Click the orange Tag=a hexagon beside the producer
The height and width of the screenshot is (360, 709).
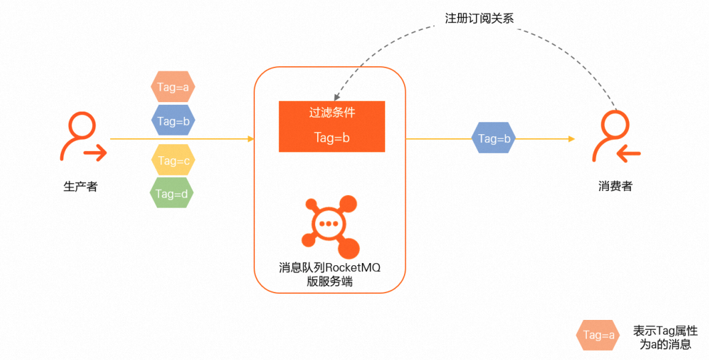pyautogui.click(x=172, y=87)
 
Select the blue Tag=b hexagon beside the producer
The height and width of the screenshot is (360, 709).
pyautogui.click(x=172, y=121)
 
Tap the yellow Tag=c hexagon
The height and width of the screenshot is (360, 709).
pyautogui.click(x=172, y=160)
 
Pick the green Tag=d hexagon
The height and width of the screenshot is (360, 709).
pyautogui.click(x=172, y=194)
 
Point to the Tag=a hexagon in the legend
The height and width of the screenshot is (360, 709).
pyautogui.click(x=598, y=335)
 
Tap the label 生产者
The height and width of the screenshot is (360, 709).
pyautogui.click(x=80, y=187)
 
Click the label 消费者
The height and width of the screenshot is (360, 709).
pyautogui.click(x=616, y=187)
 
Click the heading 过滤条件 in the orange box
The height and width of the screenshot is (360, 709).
pyautogui.click(x=332, y=113)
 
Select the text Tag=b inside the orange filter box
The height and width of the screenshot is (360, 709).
pyautogui.click(x=332, y=138)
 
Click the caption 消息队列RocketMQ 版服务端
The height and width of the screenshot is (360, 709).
pyautogui.click(x=330, y=275)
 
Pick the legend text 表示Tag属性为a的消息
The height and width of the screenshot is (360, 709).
pyautogui.click(x=665, y=337)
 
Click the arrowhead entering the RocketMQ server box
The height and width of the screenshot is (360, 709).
pyautogui.click(x=251, y=139)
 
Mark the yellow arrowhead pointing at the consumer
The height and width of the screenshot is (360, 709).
pyautogui.click(x=571, y=139)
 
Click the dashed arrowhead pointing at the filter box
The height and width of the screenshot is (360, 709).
pyautogui.click(x=337, y=96)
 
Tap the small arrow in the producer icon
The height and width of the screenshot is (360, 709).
pyautogui.click(x=97, y=154)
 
